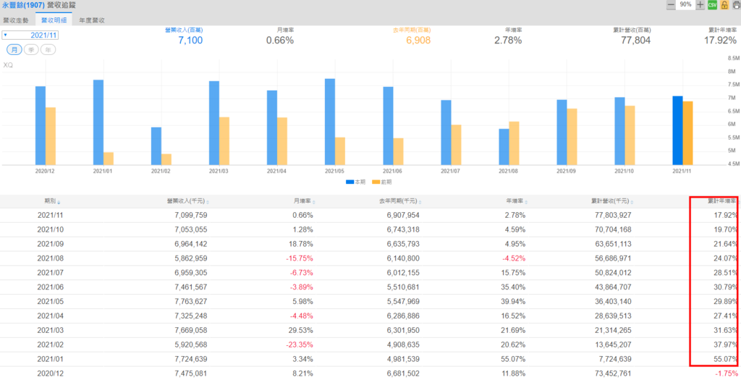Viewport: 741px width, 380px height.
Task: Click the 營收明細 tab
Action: pyautogui.click(x=55, y=20)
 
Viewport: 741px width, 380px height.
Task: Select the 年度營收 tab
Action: pyautogui.click(x=92, y=20)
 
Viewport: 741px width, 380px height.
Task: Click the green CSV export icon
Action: pyautogui.click(x=712, y=5)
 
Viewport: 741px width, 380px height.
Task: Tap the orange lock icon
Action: pyautogui.click(x=724, y=5)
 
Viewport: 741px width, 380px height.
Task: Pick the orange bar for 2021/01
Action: pyautogui.click(x=109, y=159)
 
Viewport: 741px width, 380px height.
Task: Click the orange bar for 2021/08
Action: pyautogui.click(x=514, y=143)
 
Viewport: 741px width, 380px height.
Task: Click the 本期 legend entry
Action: pyautogui.click(x=356, y=181)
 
